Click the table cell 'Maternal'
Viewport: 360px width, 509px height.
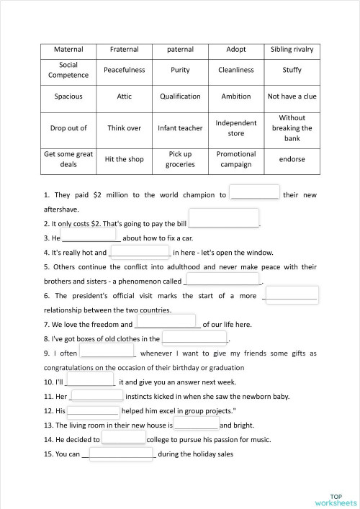pyautogui.click(x=69, y=50)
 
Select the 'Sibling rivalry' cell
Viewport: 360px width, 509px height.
pyautogui.click(x=292, y=50)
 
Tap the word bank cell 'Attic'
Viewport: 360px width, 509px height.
pyautogui.click(x=124, y=96)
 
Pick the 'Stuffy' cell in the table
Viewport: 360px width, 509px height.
pyautogui.click(x=292, y=70)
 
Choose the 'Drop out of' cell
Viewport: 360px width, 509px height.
pyautogui.click(x=69, y=128)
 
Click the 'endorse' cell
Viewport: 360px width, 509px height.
pyautogui.click(x=292, y=159)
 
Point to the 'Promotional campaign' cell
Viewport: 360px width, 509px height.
pyautogui.click(x=235, y=159)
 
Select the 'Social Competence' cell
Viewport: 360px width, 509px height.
pyautogui.click(x=69, y=70)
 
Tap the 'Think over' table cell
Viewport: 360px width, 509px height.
pyautogui.click(x=124, y=128)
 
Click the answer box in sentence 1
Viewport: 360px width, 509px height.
pyautogui.click(x=253, y=193)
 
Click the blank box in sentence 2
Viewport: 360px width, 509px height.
pyautogui.click(x=223, y=217)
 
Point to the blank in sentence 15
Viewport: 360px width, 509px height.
pyautogui.click(x=120, y=454)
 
